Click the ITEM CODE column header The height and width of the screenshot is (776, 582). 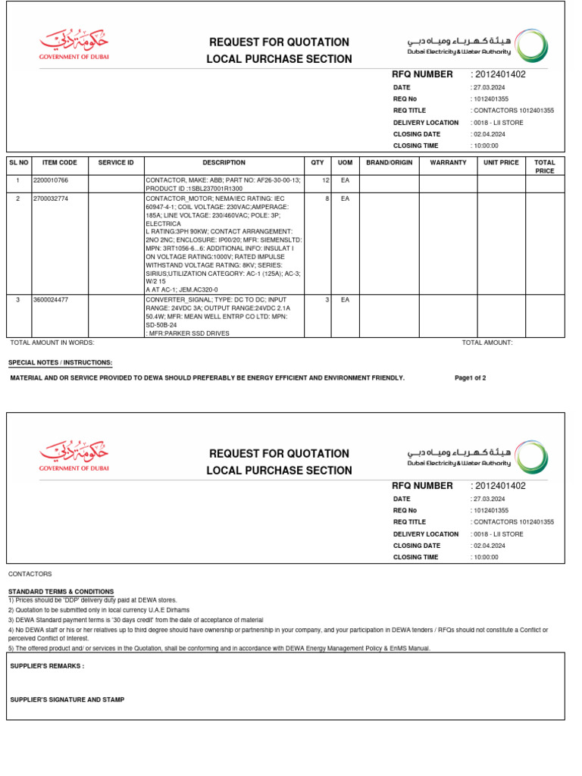pos(59,162)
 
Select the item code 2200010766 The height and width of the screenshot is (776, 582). pos(51,180)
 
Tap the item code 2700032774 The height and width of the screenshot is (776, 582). pos(51,198)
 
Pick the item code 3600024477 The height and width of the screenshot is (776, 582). pos(51,300)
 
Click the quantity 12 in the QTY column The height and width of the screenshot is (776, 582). pos(325,180)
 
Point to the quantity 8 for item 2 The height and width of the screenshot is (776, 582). pos(327,198)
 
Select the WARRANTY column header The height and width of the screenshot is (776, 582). pos(448,162)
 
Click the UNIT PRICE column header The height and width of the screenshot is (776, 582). pos(501,162)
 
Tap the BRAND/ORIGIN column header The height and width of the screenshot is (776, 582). pos(389,162)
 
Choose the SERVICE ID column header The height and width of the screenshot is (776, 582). pos(116,162)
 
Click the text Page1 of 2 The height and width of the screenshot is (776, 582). pos(470,377)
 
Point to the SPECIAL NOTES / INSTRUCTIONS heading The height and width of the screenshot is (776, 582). pos(61,363)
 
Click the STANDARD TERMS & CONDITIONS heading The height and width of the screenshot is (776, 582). pos(61,591)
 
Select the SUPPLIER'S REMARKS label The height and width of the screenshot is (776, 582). pos(47,666)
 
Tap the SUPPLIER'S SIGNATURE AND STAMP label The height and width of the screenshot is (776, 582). pos(67,699)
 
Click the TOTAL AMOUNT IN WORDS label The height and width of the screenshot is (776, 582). pos(52,343)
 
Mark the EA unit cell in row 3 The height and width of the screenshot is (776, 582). pos(345,300)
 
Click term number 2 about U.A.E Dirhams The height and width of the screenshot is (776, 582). pos(99,610)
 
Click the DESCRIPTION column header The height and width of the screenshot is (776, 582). pos(224,162)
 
